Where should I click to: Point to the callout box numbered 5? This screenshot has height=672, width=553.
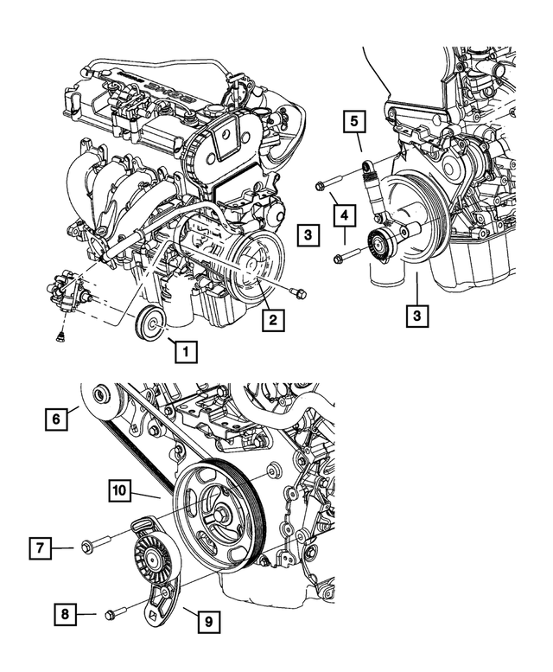click(x=353, y=120)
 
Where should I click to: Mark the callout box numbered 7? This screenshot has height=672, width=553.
click(x=40, y=547)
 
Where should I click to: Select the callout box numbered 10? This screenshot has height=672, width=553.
click(x=120, y=490)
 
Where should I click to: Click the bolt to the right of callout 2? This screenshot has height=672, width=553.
click(x=298, y=292)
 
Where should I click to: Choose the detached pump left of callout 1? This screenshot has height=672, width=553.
click(x=68, y=291)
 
